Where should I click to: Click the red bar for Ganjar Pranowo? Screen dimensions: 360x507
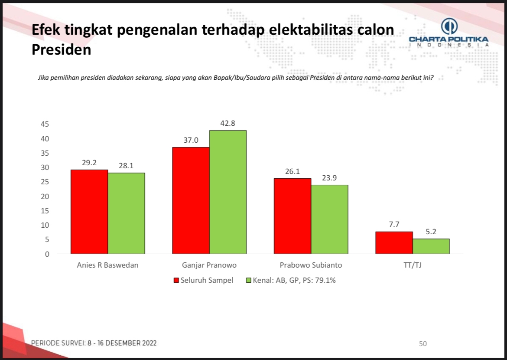click(x=191, y=200)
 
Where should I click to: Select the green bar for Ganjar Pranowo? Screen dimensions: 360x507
click(x=228, y=192)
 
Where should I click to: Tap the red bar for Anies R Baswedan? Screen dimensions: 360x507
click(x=89, y=212)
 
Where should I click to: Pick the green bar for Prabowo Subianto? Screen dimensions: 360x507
click(x=329, y=219)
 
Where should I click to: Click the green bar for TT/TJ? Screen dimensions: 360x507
click(x=431, y=246)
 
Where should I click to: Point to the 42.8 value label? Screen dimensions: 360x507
click(x=228, y=123)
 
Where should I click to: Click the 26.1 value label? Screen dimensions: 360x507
click(x=292, y=171)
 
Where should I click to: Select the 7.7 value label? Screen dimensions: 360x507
click(x=394, y=225)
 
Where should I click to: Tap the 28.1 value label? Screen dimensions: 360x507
click(x=126, y=165)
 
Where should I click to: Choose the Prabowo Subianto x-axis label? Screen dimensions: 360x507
click(x=311, y=265)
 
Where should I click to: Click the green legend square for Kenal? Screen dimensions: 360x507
click(x=249, y=280)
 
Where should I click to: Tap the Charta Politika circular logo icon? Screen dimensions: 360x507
click(x=449, y=26)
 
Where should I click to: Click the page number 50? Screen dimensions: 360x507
click(x=423, y=344)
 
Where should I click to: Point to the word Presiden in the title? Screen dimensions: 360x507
click(x=61, y=49)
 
